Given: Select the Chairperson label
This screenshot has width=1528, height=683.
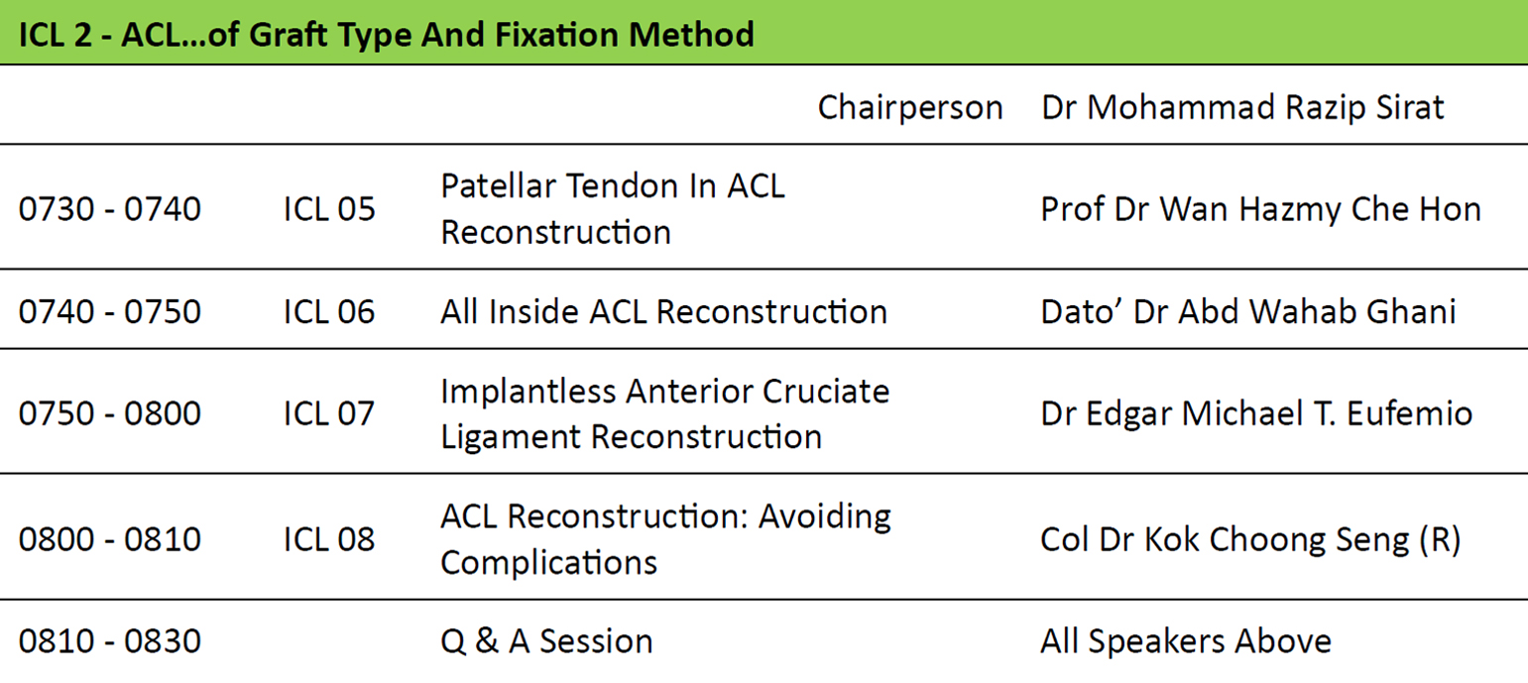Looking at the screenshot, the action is (x=910, y=108).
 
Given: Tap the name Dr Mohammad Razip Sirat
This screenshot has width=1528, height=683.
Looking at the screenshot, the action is (x=1242, y=108).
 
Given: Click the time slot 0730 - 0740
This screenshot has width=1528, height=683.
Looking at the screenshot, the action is (x=110, y=208).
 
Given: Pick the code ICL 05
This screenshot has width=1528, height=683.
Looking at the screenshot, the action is (x=329, y=208).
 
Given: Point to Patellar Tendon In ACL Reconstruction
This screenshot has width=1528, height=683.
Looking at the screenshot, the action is (x=613, y=208).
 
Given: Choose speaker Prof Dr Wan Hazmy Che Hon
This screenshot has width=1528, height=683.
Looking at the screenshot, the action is (x=1260, y=209).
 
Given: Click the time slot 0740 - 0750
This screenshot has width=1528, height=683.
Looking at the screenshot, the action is (x=110, y=311).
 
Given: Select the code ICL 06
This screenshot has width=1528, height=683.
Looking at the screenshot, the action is (x=329, y=311).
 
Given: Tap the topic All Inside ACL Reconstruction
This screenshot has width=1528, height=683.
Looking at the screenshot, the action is (x=663, y=311).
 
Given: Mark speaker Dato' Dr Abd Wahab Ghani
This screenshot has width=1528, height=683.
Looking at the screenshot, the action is (x=1247, y=311).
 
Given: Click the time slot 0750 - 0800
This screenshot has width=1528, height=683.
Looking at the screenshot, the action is (x=110, y=413).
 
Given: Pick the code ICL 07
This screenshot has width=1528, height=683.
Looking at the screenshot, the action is (x=329, y=413).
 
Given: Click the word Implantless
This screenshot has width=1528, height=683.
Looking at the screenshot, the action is (x=528, y=393).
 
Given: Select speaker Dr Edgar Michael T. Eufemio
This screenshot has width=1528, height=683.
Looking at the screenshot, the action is (x=1256, y=413).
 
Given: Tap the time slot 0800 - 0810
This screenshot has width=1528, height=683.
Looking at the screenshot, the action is (x=110, y=539).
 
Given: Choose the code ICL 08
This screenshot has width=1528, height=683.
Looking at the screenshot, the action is (x=329, y=539).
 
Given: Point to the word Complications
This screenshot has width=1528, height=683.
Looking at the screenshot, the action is (x=548, y=563).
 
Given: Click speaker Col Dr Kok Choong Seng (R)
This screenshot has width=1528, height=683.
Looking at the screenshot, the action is (x=1250, y=540).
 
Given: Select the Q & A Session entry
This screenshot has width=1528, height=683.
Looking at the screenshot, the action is (x=546, y=641).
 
